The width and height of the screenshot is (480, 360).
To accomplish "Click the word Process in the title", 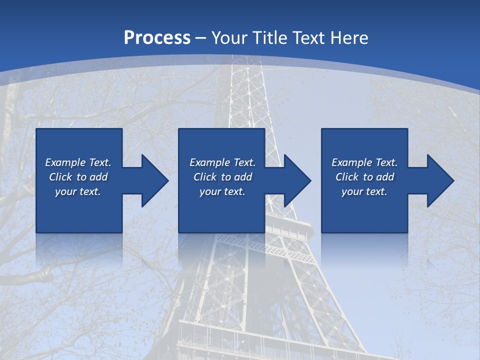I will [157, 38].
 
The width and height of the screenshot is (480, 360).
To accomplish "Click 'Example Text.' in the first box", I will [78, 162].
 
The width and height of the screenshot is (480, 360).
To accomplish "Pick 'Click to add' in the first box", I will [78, 177].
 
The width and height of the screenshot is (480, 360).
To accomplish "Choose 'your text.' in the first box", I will [78, 191].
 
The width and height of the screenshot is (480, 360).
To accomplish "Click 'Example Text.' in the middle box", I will [222, 162].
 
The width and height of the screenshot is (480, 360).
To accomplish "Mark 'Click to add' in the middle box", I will [222, 177].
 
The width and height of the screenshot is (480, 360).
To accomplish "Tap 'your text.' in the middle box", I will [222, 191].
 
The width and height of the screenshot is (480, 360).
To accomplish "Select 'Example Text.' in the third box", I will [364, 162].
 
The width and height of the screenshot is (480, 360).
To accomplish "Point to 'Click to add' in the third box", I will [364, 177].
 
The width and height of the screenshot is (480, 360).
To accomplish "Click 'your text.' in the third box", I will [364, 191].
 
